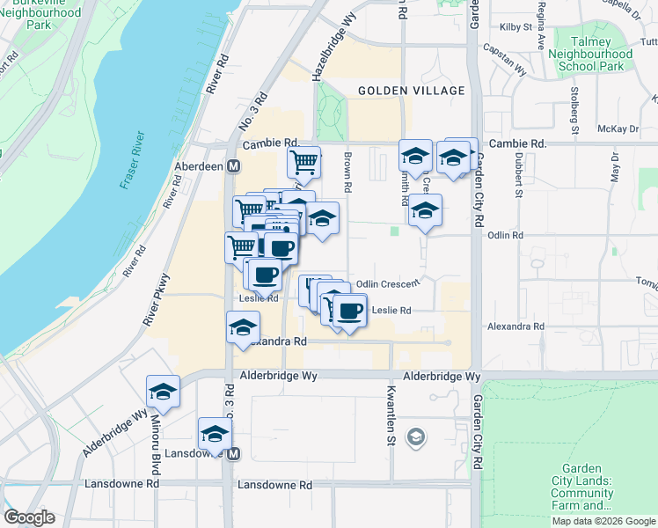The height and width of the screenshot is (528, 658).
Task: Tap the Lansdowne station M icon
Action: tap(234, 454)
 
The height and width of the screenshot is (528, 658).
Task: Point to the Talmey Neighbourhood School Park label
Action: tap(590, 54)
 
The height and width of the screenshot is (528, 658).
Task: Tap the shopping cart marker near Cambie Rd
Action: tap(303, 161)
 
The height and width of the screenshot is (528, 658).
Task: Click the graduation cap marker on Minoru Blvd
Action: tap(163, 391)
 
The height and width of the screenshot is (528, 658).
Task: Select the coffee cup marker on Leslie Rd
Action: tap(350, 311)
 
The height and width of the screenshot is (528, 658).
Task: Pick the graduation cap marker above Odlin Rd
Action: tap(425, 210)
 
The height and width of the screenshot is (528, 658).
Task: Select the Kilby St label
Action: tap(516, 27)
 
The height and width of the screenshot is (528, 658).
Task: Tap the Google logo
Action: tap(29, 517)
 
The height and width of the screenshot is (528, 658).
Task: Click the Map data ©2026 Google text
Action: tap(603, 521)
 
